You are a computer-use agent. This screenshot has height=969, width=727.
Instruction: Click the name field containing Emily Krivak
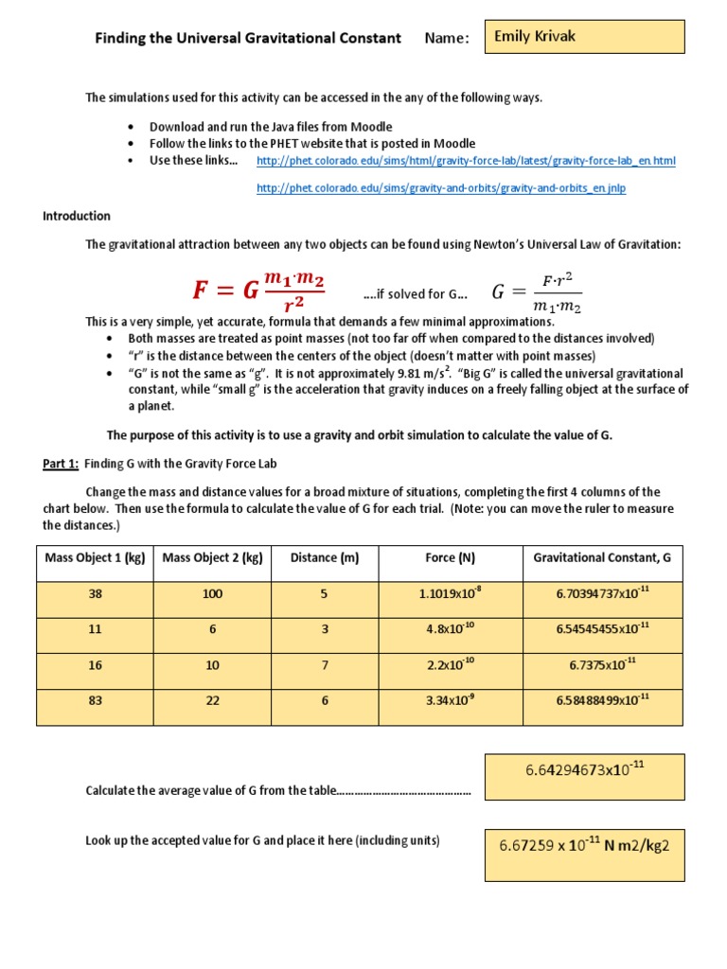[x=583, y=37]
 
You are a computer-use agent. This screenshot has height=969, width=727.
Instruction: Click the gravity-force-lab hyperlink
[x=466, y=161]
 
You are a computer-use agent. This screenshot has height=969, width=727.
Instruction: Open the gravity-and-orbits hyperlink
[x=441, y=188]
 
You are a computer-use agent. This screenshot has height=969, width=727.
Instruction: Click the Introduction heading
[x=77, y=216]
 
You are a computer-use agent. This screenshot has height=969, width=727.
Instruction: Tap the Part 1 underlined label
[x=61, y=464]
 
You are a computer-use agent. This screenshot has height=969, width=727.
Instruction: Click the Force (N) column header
[x=451, y=558]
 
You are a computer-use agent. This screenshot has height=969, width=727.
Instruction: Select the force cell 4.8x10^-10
[x=451, y=629]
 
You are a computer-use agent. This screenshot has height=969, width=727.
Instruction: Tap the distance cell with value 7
[x=325, y=665]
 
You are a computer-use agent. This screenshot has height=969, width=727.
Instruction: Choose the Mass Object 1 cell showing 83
[x=95, y=701]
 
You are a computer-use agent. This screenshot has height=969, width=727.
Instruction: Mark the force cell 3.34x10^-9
[x=451, y=701]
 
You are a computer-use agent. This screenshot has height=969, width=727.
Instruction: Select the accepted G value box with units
[x=584, y=845]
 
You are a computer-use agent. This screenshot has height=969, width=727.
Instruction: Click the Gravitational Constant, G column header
[x=602, y=558]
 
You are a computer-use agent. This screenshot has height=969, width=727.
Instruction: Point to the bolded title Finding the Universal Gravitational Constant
[x=247, y=39]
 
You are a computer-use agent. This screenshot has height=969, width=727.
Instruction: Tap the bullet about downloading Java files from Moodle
[x=271, y=126]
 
